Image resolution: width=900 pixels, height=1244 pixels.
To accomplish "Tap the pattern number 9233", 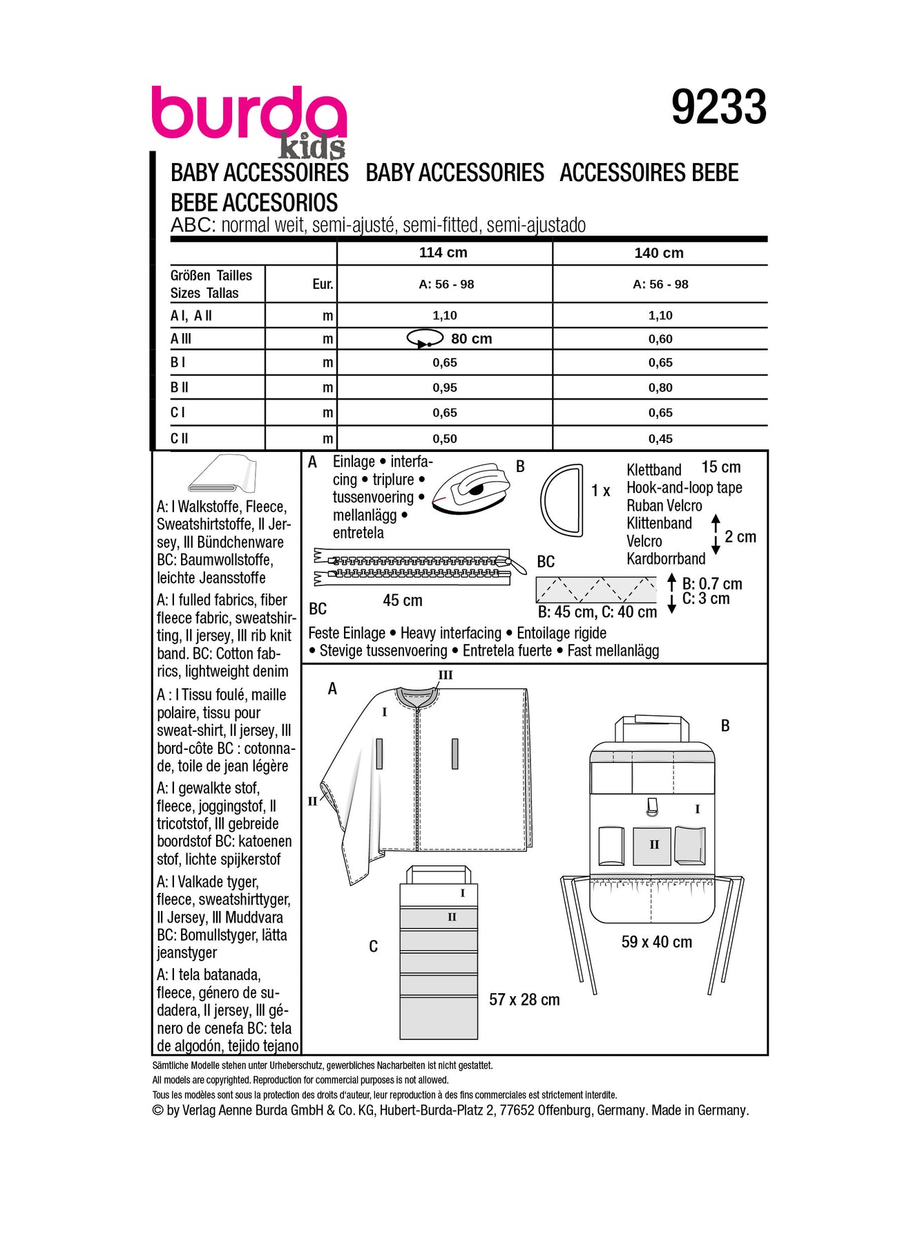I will point(718,108).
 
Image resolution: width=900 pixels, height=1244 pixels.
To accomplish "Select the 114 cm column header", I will point(443,253).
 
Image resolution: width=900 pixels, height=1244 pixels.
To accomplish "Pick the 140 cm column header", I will point(659,253).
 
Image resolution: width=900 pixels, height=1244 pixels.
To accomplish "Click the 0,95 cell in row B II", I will point(445,388).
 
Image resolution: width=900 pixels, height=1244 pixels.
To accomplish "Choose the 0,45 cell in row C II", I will point(660,439).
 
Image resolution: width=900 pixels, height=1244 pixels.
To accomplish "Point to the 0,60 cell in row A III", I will point(660,339).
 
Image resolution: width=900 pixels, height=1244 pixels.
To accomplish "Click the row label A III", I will point(181,339).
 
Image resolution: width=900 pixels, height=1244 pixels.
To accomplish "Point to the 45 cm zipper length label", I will point(402,601).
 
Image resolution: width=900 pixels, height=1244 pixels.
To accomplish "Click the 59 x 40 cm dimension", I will point(656,942).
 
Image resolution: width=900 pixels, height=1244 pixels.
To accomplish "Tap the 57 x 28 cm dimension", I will point(524,999).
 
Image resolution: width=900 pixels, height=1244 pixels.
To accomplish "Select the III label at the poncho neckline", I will point(446,675).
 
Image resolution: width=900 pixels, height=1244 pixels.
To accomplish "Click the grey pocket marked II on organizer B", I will point(652,845).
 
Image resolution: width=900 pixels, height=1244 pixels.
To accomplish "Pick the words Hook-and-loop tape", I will point(684,488).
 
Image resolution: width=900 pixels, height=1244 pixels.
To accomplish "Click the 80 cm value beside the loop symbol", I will point(471,339).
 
